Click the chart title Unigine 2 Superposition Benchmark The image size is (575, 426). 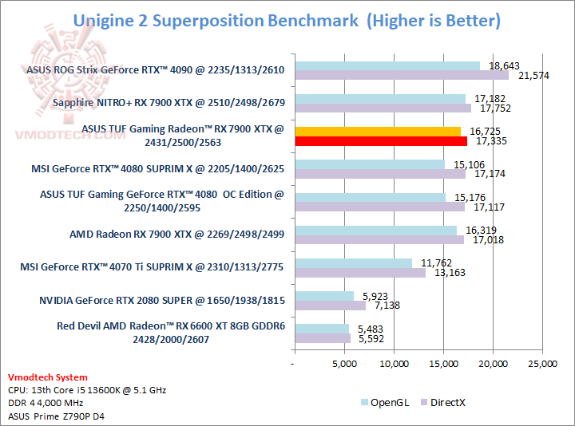tap(216, 21)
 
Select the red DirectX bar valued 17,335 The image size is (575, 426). tap(381, 141)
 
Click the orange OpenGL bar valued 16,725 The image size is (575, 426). tap(378, 131)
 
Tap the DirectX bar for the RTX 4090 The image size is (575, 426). tap(402, 75)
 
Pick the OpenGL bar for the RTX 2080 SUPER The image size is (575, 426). tap(324, 296)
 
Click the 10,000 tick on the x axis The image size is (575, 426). tap(394, 365)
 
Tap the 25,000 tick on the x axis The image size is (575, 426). tap(542, 365)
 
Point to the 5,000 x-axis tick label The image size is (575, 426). tap(344, 365)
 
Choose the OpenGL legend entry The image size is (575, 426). tap(385, 402)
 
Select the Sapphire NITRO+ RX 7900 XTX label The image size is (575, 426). tap(169, 103)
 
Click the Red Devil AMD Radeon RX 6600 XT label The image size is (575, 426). tap(170, 332)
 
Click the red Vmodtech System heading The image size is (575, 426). tap(48, 377)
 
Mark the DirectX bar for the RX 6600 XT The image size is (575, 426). tap(323, 338)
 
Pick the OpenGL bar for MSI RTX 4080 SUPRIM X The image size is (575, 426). tap(370, 164)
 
